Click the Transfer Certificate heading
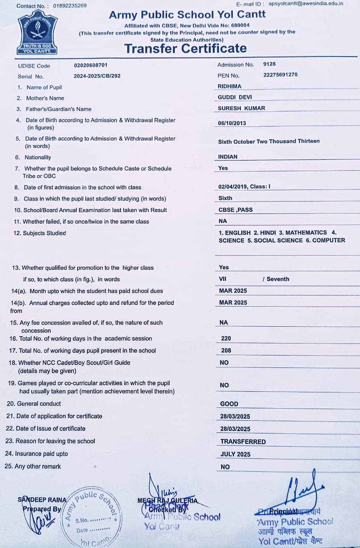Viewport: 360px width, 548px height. pyautogui.click(x=185, y=48)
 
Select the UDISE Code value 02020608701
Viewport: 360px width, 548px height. pyautogui.click(x=91, y=65)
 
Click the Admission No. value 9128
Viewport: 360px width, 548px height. pyautogui.click(x=269, y=64)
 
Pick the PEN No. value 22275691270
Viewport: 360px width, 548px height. pyautogui.click(x=280, y=75)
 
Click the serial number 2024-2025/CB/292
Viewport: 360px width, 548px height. pyautogui.click(x=97, y=76)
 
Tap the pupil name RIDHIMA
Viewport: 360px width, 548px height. pyautogui.click(x=229, y=86)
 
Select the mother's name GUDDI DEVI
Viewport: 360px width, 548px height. pyautogui.click(x=235, y=97)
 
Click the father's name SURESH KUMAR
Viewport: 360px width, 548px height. pyautogui.click(x=241, y=108)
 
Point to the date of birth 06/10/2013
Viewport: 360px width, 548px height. pyautogui.click(x=232, y=123)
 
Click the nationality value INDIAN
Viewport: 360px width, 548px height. pyautogui.click(x=228, y=157)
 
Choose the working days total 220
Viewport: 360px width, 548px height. pyautogui.click(x=226, y=338)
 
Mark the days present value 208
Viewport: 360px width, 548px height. pyautogui.click(x=226, y=350)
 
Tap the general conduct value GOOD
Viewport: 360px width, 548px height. pyautogui.click(x=229, y=404)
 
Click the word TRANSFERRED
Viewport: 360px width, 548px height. pyautogui.click(x=243, y=442)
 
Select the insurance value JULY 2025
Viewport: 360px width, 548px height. pyautogui.click(x=235, y=454)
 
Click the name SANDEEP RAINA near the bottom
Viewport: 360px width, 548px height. pyautogui.click(x=42, y=500)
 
